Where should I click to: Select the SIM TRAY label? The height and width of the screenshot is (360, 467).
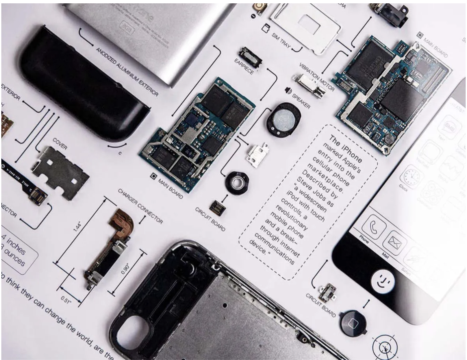click(x=281, y=42)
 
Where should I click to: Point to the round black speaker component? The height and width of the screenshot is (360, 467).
click(x=283, y=117)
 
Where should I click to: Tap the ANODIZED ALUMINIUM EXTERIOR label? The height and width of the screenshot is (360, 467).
click(x=127, y=71)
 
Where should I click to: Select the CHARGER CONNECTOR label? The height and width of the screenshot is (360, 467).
click(x=140, y=206)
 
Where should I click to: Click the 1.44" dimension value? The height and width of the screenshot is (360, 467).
click(x=77, y=226)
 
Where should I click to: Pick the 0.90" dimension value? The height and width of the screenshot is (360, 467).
click(x=125, y=268)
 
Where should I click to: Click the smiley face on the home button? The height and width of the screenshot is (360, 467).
click(x=384, y=282)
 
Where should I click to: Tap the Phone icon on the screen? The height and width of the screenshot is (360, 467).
click(x=374, y=226)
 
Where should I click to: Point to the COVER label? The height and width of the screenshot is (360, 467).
click(x=60, y=143)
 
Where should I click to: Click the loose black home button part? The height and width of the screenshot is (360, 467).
click(x=353, y=322)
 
